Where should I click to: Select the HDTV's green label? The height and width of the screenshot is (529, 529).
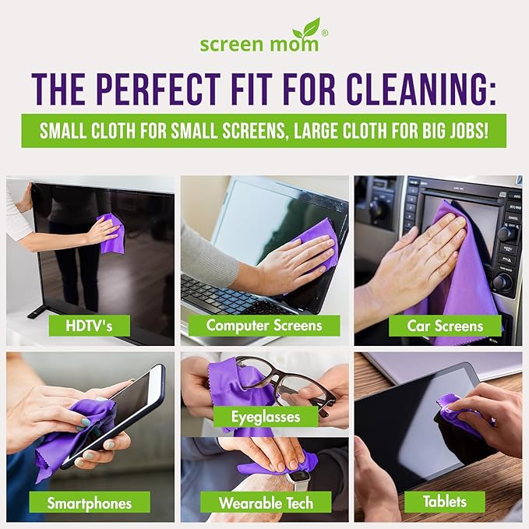[89, 325]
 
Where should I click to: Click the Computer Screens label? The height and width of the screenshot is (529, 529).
[264, 325]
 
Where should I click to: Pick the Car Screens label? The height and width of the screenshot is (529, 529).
[445, 325]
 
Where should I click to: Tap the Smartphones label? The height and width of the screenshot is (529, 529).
[88, 503]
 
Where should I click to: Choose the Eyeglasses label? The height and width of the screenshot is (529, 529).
[266, 416]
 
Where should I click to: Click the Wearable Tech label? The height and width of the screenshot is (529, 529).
[265, 503]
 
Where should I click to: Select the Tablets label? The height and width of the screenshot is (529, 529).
[444, 502]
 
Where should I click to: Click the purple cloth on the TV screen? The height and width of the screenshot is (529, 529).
[111, 233]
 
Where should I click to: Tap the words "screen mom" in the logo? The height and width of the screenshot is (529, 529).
[259, 44]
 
